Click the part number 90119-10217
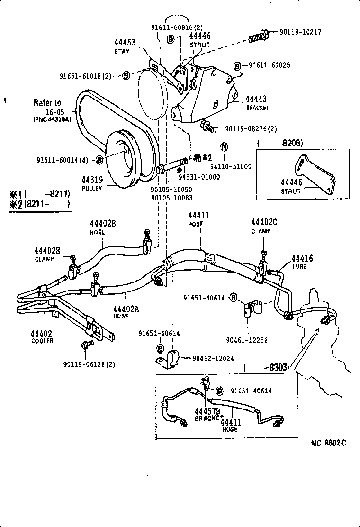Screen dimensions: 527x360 [300, 32]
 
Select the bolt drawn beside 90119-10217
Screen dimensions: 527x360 [259, 36]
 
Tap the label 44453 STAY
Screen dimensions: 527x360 [125, 46]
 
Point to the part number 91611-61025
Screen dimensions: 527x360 [269, 65]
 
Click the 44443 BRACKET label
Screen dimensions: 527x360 [256, 102]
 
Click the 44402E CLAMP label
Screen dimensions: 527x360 [47, 254]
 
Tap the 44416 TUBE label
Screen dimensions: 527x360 [302, 262]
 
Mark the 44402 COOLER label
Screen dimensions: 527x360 [43, 337]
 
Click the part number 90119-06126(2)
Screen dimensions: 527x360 [89, 364]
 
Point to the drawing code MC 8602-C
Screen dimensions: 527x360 [328, 443]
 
